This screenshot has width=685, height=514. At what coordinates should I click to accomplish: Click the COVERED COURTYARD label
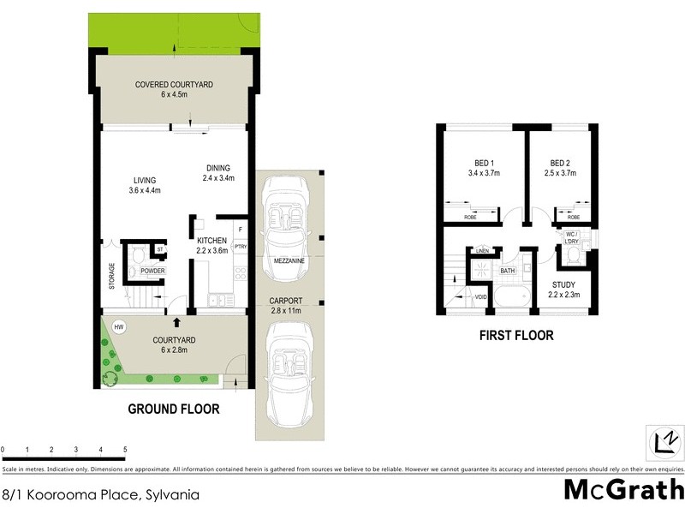pyautogui.click(x=174, y=85)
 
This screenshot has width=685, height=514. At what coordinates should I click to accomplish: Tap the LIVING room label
pyautogui.click(x=144, y=180)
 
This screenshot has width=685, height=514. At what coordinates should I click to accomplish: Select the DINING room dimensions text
pyautogui.click(x=219, y=178)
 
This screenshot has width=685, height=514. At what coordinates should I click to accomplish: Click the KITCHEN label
pyautogui.click(x=211, y=241)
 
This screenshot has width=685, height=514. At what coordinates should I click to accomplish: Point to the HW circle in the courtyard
pyautogui.click(x=119, y=326)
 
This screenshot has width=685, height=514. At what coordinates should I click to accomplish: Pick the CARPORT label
pyautogui.click(x=289, y=300)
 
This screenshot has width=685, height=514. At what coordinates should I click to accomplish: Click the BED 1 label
pyautogui.click(x=485, y=164)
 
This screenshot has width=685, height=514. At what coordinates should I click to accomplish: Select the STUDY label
pyautogui.click(x=563, y=284)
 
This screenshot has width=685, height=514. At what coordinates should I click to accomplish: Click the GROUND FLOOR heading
pyautogui.click(x=173, y=409)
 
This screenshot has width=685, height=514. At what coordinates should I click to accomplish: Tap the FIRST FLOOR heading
pyautogui.click(x=515, y=335)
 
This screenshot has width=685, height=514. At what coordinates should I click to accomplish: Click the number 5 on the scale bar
pyautogui.click(x=125, y=450)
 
